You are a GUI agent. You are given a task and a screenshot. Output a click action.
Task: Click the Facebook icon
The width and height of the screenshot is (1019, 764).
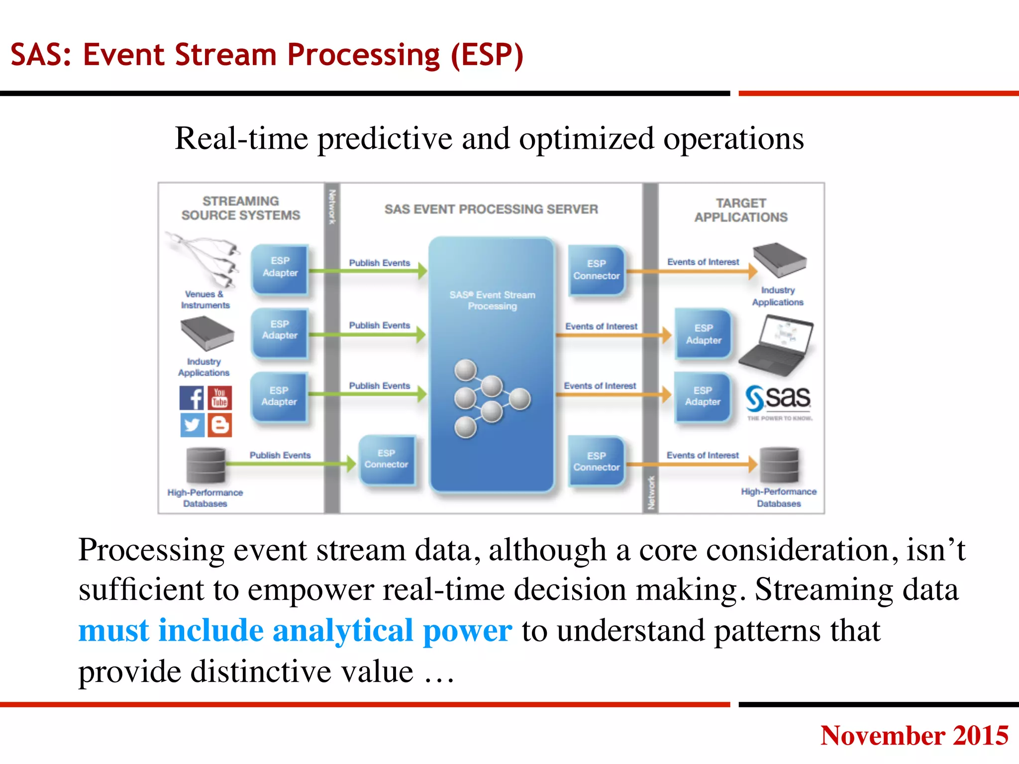[192, 398]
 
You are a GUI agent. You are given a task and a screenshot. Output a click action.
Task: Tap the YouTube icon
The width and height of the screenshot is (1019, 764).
[220, 398]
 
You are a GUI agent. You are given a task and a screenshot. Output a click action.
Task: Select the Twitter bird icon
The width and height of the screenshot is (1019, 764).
[192, 425]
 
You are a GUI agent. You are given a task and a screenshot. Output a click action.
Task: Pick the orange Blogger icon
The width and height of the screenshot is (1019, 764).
[220, 425]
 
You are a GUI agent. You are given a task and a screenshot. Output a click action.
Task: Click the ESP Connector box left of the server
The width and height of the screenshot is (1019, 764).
[386, 459]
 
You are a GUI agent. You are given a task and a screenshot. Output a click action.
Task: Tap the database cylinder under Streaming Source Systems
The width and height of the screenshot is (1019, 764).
[205, 465]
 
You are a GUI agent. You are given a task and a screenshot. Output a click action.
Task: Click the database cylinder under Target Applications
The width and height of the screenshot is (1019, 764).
[779, 465]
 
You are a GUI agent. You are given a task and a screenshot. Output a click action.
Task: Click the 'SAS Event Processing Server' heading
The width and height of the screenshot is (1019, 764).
[491, 209]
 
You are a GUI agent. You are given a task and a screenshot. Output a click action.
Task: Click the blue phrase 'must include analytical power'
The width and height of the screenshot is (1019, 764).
[295, 631]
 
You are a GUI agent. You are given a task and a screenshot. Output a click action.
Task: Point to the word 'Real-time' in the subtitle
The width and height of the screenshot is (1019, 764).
[241, 139]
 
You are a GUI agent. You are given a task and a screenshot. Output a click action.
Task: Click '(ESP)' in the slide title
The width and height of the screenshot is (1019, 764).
[487, 55]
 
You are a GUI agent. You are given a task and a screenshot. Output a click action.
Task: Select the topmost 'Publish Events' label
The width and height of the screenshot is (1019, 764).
[379, 263]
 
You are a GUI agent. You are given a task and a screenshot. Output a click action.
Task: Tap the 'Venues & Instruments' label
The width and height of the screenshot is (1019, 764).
[205, 299]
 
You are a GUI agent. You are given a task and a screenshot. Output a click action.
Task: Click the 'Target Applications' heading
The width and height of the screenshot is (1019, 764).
[741, 210]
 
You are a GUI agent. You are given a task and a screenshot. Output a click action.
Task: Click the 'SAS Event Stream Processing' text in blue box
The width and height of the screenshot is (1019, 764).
[492, 300]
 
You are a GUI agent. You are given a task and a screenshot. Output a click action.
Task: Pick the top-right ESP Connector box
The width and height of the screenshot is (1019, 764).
[596, 270]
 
